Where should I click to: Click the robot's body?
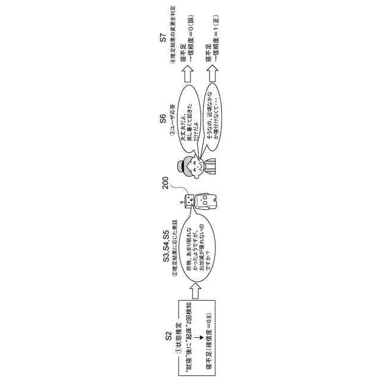[x=207, y=201]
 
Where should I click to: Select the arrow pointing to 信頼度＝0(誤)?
[x=189, y=70]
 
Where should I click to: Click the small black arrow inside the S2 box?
[x=195, y=338]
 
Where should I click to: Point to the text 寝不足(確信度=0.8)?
[x=209, y=338]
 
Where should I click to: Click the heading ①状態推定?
[x=177, y=338]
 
